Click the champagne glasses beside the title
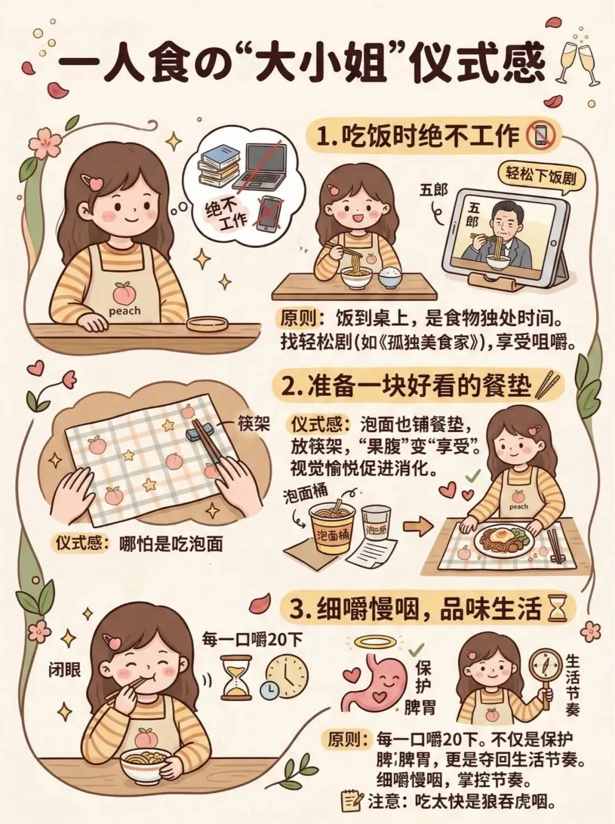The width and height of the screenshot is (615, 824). (578, 65)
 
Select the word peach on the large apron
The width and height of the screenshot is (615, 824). (125, 311)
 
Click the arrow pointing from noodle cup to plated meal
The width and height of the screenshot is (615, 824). (419, 527)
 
